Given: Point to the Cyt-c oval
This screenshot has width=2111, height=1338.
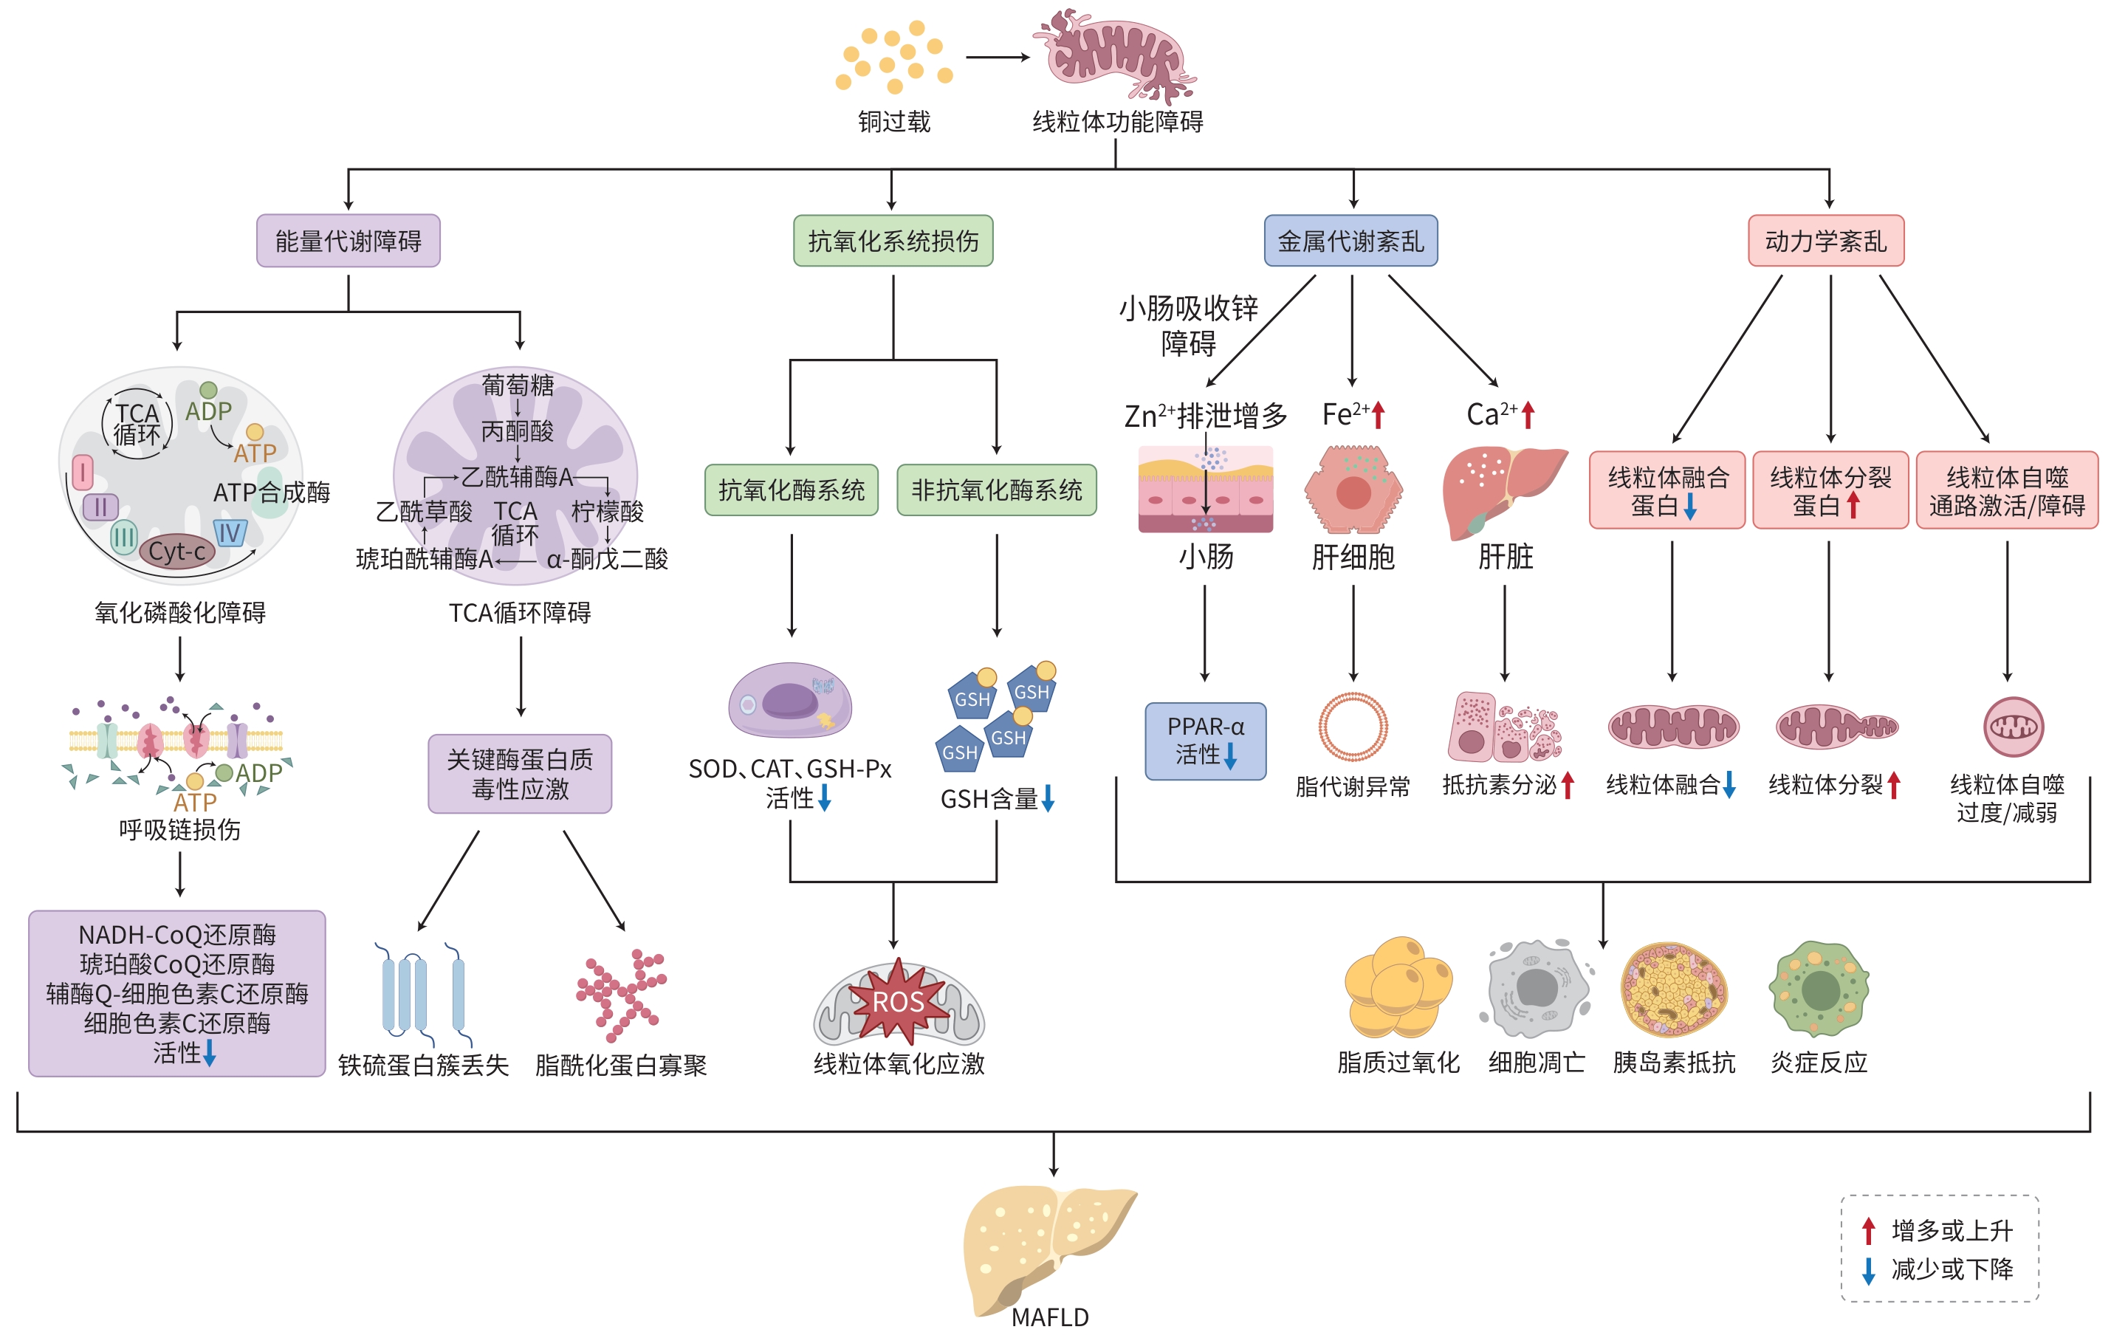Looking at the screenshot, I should click(x=177, y=552).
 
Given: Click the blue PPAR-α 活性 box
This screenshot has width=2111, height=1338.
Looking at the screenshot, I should click(x=1206, y=741).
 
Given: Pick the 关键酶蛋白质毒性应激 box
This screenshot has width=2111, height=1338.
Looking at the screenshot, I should click(x=520, y=774).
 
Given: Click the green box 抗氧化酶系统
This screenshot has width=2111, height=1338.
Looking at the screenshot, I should click(x=791, y=490).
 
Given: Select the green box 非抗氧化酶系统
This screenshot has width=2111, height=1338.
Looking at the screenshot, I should click(x=997, y=490).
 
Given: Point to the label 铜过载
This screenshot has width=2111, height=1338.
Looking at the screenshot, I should click(x=894, y=122).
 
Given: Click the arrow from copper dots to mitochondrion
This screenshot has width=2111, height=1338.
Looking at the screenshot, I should click(x=998, y=58).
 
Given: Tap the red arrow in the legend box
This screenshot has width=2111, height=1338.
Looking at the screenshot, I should click(x=1868, y=1231).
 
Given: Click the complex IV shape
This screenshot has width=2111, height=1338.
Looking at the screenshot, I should click(x=230, y=532).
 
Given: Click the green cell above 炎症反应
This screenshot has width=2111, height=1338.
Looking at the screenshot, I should click(x=1819, y=989).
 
